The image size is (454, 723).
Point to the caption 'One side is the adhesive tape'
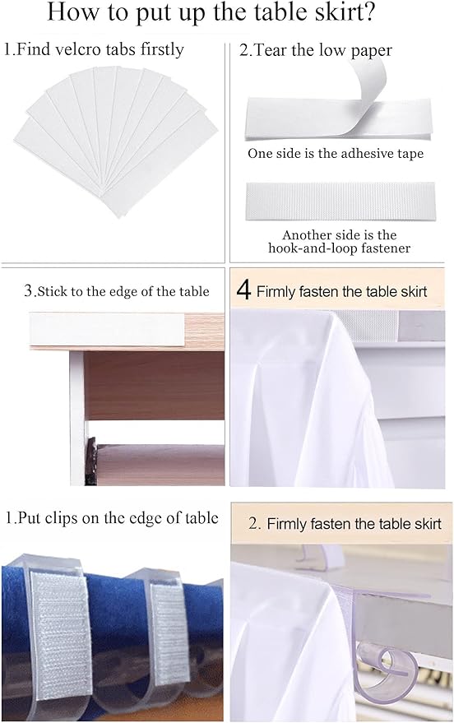[336, 154]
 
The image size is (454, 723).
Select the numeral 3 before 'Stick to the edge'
[28, 290]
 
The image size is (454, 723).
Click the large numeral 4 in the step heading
[243, 291]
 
